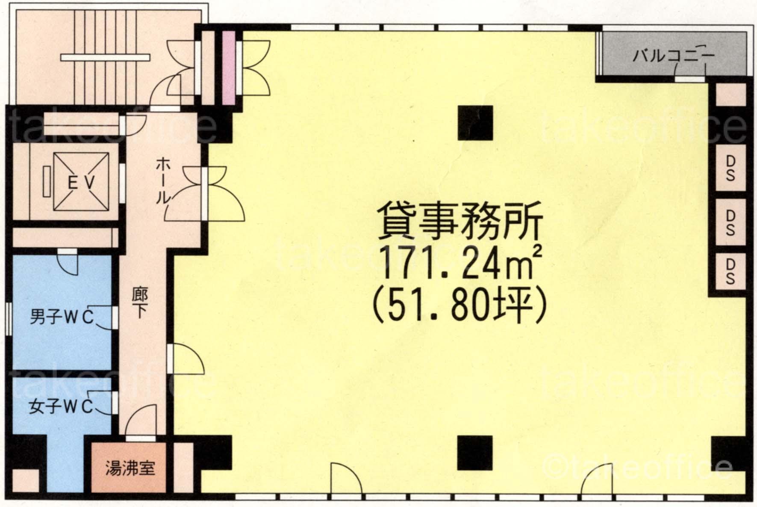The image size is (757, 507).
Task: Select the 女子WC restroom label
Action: coord(61,407)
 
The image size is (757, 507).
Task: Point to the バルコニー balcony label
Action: coord(673,56)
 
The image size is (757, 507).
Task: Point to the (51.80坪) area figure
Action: coord(460,306)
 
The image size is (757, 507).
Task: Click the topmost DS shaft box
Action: coord(730,168)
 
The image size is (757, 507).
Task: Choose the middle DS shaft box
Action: coord(730,222)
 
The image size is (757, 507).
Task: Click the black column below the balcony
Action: coord(475,123)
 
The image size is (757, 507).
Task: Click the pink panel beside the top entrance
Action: coord(229,67)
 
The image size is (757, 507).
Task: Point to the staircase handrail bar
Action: coord(105,57)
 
